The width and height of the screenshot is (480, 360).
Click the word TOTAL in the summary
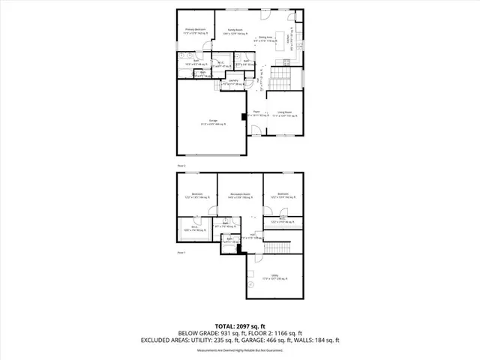point(226,325)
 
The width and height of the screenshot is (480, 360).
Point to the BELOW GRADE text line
point(239,333)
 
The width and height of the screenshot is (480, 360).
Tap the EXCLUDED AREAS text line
point(239,340)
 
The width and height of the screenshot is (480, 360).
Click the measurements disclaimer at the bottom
point(239,350)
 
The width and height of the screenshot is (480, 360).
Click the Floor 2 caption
point(181,164)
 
